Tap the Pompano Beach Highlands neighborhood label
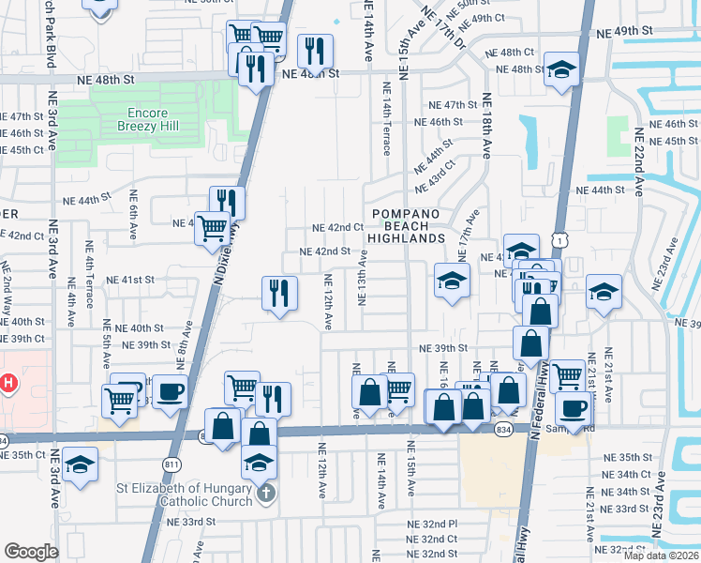click(x=408, y=226)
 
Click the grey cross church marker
click(x=265, y=494)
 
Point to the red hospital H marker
click(x=8, y=383)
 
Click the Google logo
click(x=31, y=552)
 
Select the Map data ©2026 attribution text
click(x=662, y=555)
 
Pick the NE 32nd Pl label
click(x=432, y=525)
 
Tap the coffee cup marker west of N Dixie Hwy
click(x=170, y=391)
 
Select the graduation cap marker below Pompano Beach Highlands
click(x=452, y=281)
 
